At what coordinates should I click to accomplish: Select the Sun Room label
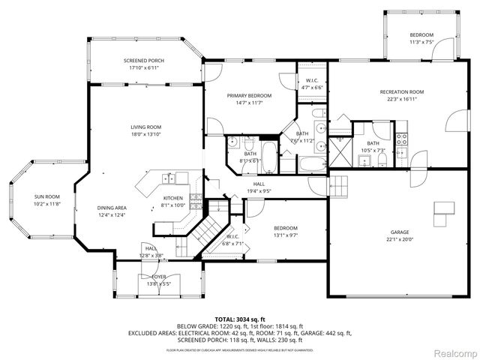pyautogui.click(x=26, y=196)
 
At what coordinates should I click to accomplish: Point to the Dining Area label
pyautogui.click(x=111, y=208)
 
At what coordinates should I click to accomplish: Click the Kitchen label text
pyautogui.click(x=173, y=198)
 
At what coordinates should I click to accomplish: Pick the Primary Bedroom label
pyautogui.click(x=249, y=96)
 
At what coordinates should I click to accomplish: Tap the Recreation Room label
pyautogui.click(x=401, y=91)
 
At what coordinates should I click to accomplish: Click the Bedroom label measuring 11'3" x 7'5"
pyautogui.click(x=421, y=36)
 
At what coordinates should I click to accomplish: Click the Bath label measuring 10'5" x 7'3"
pyautogui.click(x=373, y=144)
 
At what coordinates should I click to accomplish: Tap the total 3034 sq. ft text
pyautogui.click(x=239, y=319)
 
